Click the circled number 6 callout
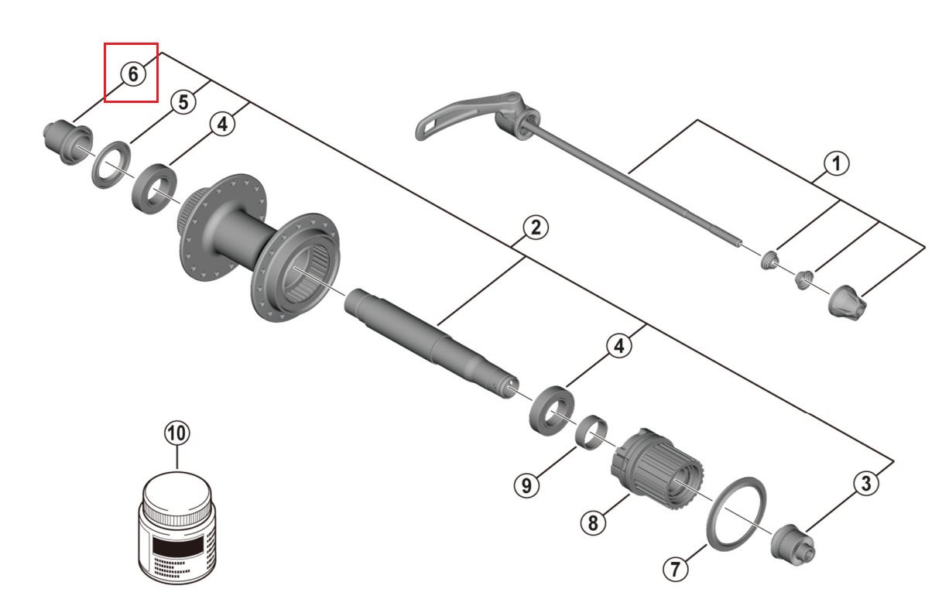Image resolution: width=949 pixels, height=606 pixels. click(133, 74)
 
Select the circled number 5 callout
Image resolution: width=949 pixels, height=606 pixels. click(183, 102)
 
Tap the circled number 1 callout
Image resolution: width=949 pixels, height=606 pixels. click(836, 163)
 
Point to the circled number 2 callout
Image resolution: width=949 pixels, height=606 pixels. click(536, 228)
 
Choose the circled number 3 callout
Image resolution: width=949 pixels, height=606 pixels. click(866, 484)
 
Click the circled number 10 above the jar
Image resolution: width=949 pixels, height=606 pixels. click(177, 433)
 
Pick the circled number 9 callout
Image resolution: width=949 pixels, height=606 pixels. click(526, 485)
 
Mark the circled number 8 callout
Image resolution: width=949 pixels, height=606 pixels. click(593, 522)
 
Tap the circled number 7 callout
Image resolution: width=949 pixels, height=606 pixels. click(675, 569)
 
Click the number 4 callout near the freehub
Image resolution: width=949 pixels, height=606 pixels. click(619, 345)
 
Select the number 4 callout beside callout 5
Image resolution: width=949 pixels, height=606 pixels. click(222, 124)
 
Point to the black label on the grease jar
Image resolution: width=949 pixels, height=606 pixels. click(177, 549)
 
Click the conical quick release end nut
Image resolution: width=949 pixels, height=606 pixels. click(847, 303)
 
